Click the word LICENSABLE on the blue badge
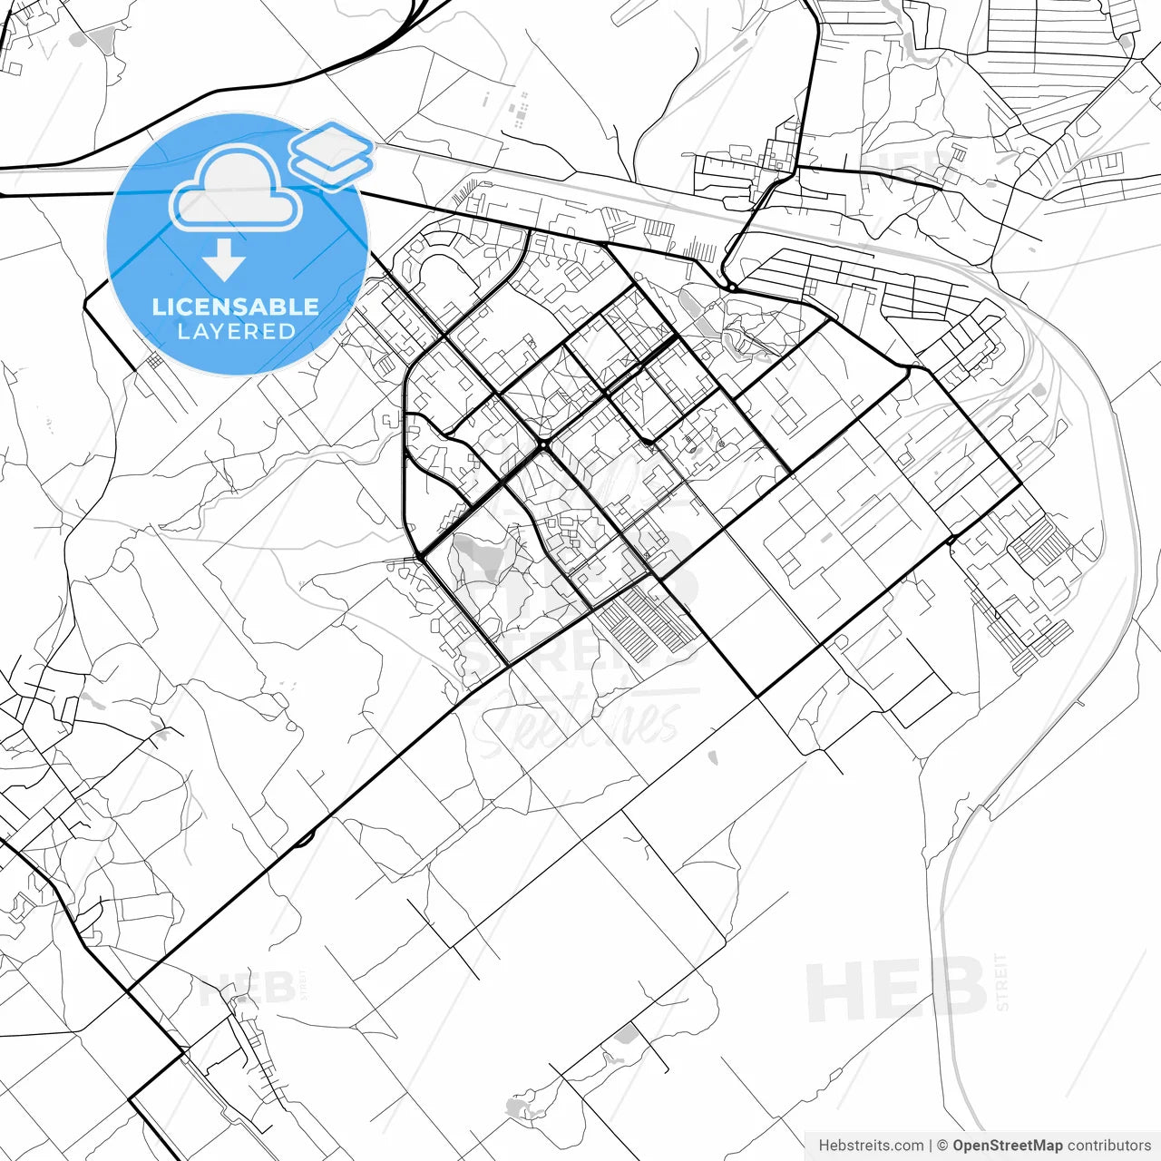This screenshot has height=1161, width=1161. pos(236,307)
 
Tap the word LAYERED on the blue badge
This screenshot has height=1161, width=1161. pos(236,332)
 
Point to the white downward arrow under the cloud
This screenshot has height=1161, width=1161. pos(224,261)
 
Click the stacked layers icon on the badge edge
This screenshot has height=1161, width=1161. pos(331,154)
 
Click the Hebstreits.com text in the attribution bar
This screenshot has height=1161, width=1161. pos(871,1146)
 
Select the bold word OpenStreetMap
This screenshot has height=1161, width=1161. pos(1008,1146)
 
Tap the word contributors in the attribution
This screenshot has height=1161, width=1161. pos(1108,1146)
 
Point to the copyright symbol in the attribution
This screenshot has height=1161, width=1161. pos(942,1146)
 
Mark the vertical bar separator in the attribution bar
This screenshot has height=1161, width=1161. pos(931,1146)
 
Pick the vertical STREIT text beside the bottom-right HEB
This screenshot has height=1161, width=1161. pos(1001,982)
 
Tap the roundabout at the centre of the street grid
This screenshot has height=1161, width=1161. pos(542,446)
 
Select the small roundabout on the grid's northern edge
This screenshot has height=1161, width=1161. pos(731,288)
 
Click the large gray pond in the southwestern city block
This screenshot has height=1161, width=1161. pos(481,555)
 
